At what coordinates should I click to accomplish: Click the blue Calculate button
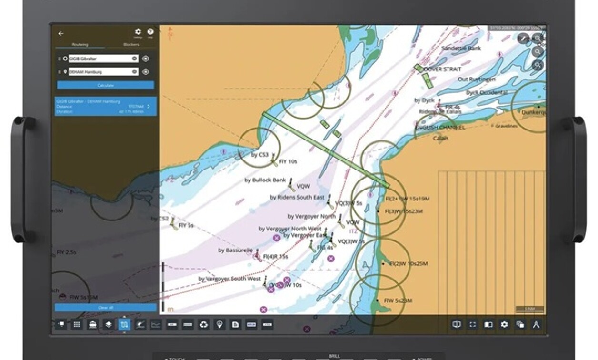coord(105,85)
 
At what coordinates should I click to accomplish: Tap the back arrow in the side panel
coord(60,34)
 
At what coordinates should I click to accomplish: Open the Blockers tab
coord(131,45)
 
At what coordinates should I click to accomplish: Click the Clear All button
coord(105,308)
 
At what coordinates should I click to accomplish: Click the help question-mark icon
coord(150,32)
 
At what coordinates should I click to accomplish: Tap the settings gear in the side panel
coord(138,32)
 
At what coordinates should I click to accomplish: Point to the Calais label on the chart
coord(440,138)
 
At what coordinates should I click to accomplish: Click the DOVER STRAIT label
coord(443,69)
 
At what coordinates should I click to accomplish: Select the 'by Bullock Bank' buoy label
coord(265,180)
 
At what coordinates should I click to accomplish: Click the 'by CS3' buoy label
coord(260,155)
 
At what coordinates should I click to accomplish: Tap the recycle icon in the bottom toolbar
coord(204,325)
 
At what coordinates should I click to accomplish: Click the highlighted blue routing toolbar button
coord(124,325)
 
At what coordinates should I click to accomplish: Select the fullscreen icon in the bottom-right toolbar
coord(473,325)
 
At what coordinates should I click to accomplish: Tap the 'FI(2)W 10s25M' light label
coord(409,264)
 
